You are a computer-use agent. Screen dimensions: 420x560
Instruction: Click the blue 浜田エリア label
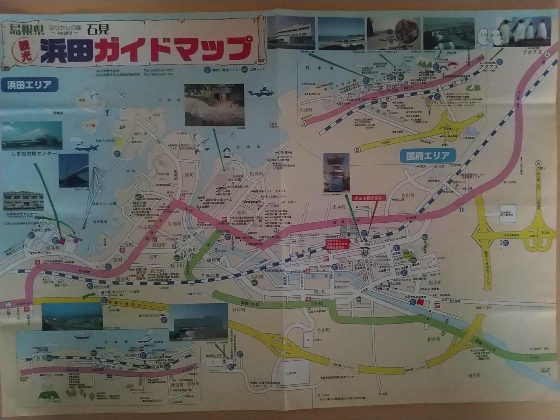coord(29,85)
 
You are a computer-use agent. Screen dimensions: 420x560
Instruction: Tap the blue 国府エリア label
coord(428,156)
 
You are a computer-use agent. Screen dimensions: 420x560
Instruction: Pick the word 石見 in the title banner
coord(98,29)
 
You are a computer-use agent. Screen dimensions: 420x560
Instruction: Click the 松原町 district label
coord(256,174)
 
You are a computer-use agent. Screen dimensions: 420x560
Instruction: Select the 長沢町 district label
coord(407,195)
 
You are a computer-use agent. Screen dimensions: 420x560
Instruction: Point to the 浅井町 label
coord(338,207)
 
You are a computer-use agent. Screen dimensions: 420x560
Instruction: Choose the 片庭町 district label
coord(174,224)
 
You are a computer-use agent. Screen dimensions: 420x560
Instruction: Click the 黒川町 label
coord(435,283)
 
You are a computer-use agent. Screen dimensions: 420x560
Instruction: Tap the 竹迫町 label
coord(323,330)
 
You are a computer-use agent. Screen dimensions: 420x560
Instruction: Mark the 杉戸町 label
coord(239,310)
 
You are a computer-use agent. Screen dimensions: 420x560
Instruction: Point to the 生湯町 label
coord(306,110)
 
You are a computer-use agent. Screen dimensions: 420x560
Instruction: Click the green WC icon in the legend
coord(244,70)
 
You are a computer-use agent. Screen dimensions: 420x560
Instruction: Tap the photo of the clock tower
coord(336,172)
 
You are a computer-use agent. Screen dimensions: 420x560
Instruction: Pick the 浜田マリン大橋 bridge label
coord(104,204)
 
